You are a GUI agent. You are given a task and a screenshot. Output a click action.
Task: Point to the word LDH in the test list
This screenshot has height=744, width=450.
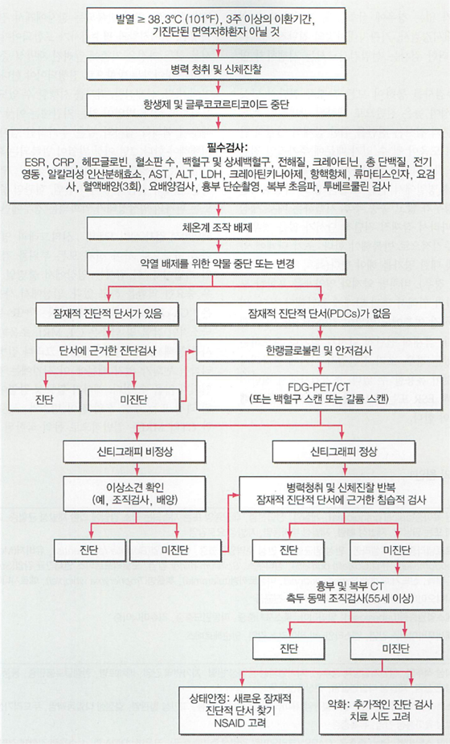pyautogui.click(x=211, y=175)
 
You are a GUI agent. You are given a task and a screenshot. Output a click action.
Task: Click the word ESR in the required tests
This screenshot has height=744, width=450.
pyautogui.click(x=35, y=162)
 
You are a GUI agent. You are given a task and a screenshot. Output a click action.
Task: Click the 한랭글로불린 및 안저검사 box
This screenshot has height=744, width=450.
pyautogui.click(x=319, y=351)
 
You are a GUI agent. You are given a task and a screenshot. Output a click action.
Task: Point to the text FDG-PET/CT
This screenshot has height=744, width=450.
pyautogui.click(x=319, y=387)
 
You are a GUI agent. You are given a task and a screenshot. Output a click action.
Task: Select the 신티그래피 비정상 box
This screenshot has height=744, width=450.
pyautogui.click(x=134, y=451)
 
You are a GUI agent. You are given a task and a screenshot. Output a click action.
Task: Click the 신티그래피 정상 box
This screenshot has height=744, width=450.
pyautogui.click(x=343, y=451)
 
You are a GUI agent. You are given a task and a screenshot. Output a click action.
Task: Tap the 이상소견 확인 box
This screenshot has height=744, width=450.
pyautogui.click(x=134, y=494)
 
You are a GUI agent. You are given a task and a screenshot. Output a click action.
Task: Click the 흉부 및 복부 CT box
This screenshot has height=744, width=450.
pyautogui.click(x=350, y=593)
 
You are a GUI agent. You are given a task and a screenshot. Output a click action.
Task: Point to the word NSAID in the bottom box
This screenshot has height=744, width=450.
pyautogui.click(x=239, y=723)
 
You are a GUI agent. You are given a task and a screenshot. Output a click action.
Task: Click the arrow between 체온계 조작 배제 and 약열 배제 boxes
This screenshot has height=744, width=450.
pyautogui.click(x=219, y=245)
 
